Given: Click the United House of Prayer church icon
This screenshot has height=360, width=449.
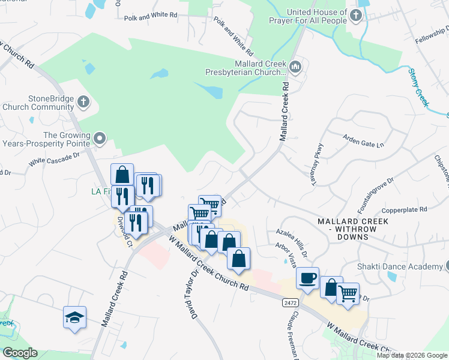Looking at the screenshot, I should coord(357,15).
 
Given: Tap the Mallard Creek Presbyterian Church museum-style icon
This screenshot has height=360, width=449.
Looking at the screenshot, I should coord(295,67).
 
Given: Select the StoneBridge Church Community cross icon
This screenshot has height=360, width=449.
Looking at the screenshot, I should coord(83,102).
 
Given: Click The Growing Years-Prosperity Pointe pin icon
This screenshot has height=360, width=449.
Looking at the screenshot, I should coord(100,139).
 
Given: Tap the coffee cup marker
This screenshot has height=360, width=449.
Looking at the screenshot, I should coord(307,278).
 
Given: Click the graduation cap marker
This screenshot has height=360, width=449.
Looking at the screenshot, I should coord(74,317).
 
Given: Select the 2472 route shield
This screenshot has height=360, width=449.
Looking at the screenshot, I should coord(289,304).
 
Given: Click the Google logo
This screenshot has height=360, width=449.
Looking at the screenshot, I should coord(20,353).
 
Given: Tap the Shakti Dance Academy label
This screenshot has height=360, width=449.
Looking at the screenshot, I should coord(403,266).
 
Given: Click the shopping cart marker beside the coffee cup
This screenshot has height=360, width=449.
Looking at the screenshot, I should coord(348,294).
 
